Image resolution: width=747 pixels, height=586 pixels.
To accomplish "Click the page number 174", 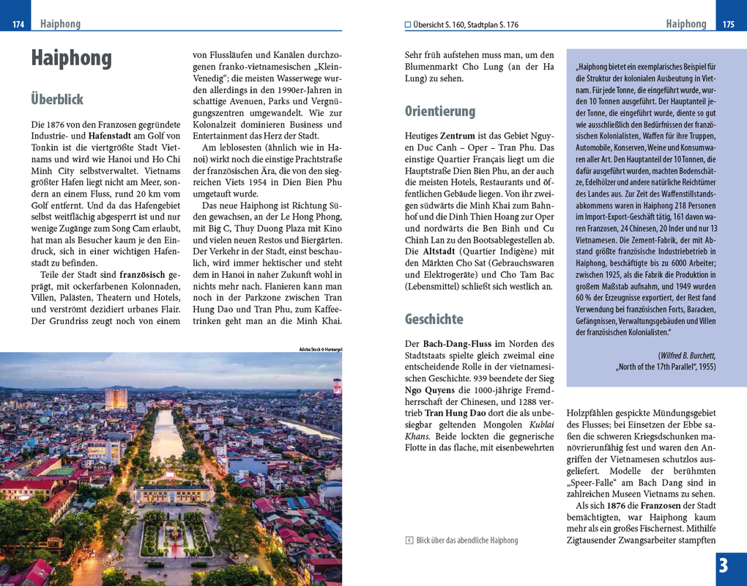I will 18,25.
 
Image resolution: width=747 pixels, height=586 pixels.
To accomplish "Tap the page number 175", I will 728,25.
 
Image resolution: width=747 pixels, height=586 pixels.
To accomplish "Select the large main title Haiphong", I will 71,58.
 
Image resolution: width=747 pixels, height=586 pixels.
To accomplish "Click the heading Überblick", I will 57,99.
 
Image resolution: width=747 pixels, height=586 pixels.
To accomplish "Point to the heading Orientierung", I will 439,111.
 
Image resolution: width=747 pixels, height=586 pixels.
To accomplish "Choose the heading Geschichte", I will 434,319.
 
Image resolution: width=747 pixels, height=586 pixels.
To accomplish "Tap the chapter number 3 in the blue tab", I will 724,566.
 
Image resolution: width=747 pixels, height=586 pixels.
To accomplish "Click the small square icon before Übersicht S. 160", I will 408,25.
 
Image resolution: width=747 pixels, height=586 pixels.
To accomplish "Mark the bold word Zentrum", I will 458,136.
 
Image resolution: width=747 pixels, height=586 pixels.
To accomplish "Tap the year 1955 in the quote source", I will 705,366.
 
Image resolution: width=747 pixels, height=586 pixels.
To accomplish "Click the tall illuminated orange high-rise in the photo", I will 116,398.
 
